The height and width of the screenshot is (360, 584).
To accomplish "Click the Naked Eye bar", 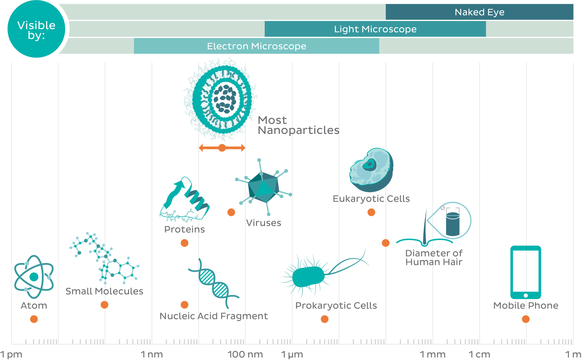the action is click(x=480, y=12).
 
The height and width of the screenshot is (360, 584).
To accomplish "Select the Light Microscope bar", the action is click(x=375, y=29).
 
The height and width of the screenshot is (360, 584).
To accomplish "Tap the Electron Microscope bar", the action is click(x=257, y=46).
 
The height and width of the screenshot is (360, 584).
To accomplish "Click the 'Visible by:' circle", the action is click(x=36, y=29).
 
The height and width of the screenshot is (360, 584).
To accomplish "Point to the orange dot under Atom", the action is click(x=34, y=319).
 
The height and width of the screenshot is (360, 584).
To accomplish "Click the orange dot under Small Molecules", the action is click(x=104, y=305).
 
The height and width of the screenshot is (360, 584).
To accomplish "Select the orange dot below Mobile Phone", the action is click(x=526, y=319).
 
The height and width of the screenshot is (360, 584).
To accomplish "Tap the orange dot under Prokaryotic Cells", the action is click(x=324, y=319).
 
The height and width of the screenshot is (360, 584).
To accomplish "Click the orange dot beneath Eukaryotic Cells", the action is click(x=371, y=212).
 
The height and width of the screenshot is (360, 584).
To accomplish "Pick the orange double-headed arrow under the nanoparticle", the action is click(x=222, y=148).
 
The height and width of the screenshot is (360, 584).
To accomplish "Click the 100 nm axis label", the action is click(x=245, y=355).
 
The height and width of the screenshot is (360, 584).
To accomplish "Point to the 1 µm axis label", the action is click(x=292, y=355).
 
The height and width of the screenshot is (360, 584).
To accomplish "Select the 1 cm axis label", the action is click(x=480, y=355).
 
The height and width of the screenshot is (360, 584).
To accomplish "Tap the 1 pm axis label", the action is click(x=11, y=355).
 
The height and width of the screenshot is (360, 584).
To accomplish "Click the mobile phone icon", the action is click(x=526, y=272).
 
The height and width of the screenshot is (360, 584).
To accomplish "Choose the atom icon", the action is click(x=34, y=276).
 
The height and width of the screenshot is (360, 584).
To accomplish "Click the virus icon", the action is click(x=264, y=187).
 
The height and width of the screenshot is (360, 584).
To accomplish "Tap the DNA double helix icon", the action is click(x=214, y=283).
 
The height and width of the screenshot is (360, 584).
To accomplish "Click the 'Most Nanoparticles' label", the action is click(x=299, y=125).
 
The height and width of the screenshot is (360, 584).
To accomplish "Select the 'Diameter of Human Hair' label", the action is click(x=434, y=258).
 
